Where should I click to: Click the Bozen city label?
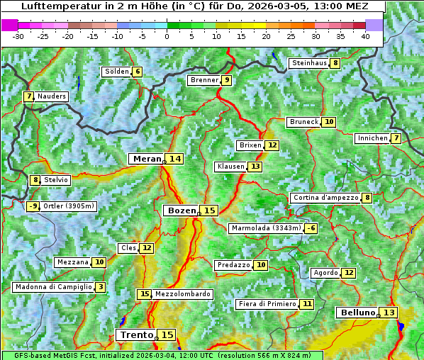[x=181, y=210]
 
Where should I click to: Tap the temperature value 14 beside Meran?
[x=174, y=159]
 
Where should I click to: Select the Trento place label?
[x=137, y=334]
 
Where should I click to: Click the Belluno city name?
[x=357, y=313]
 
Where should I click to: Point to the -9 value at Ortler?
[x=33, y=206]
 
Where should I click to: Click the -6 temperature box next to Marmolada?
[x=311, y=228]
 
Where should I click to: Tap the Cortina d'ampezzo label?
[x=325, y=198]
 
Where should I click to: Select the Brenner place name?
[x=204, y=80]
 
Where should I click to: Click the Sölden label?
[x=117, y=72]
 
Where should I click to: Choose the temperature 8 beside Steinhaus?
[x=335, y=63]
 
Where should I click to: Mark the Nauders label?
[x=52, y=96]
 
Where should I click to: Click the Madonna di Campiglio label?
[x=53, y=287]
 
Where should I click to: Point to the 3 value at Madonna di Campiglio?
[x=101, y=287]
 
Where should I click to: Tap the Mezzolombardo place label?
[x=182, y=294]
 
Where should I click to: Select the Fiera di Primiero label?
[x=267, y=304]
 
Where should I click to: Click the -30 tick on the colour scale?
[x=18, y=36]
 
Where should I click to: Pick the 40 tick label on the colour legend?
[x=365, y=36]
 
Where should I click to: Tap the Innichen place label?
[x=372, y=138]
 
